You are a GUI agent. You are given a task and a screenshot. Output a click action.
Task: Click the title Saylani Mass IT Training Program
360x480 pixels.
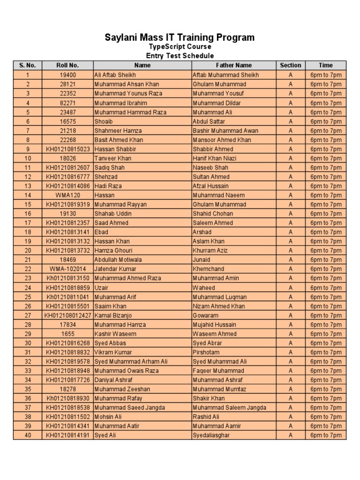coord(180,37)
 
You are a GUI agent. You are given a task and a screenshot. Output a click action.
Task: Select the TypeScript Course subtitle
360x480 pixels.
coord(180,47)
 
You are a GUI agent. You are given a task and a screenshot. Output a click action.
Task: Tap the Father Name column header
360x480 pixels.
coord(233,66)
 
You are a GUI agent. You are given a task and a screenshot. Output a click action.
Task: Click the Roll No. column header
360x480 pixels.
coord(67,66)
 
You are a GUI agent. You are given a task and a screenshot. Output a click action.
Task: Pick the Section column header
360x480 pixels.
coord(290,66)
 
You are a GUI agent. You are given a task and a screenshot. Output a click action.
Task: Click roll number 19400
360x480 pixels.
coord(67,75)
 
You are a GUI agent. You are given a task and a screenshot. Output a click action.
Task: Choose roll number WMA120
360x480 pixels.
coord(67,195)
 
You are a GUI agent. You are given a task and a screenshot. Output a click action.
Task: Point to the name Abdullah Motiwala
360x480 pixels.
coord(118,260)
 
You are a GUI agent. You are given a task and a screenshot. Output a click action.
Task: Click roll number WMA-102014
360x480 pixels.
coord(67,270)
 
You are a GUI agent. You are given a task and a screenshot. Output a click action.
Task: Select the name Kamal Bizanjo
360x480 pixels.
coord(114,315)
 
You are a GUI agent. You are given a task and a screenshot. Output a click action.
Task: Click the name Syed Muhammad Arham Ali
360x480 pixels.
coord(131,362)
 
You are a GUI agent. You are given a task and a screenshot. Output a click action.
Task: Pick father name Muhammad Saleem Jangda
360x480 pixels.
coord(229,408)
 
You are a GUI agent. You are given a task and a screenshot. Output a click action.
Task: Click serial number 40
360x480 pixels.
coord(28,435)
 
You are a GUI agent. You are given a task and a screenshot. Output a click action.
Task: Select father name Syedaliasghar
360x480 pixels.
coord(213,435)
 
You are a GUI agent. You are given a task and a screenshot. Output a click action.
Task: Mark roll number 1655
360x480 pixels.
coord(67,334)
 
